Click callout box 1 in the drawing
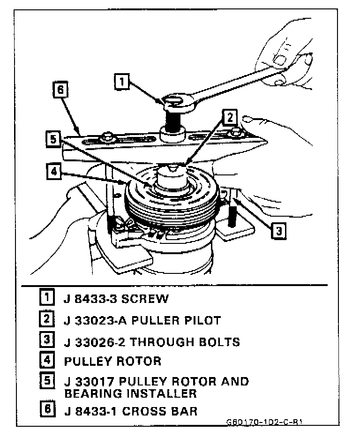(x=121, y=82)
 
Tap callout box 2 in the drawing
(x=230, y=118)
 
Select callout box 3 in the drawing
(x=278, y=231)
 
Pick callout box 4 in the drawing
(x=54, y=171)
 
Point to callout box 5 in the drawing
(x=53, y=139)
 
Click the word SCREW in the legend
(x=143, y=298)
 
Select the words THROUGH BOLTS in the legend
(x=185, y=342)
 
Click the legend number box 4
(x=46, y=361)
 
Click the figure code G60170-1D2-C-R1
(x=265, y=422)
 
